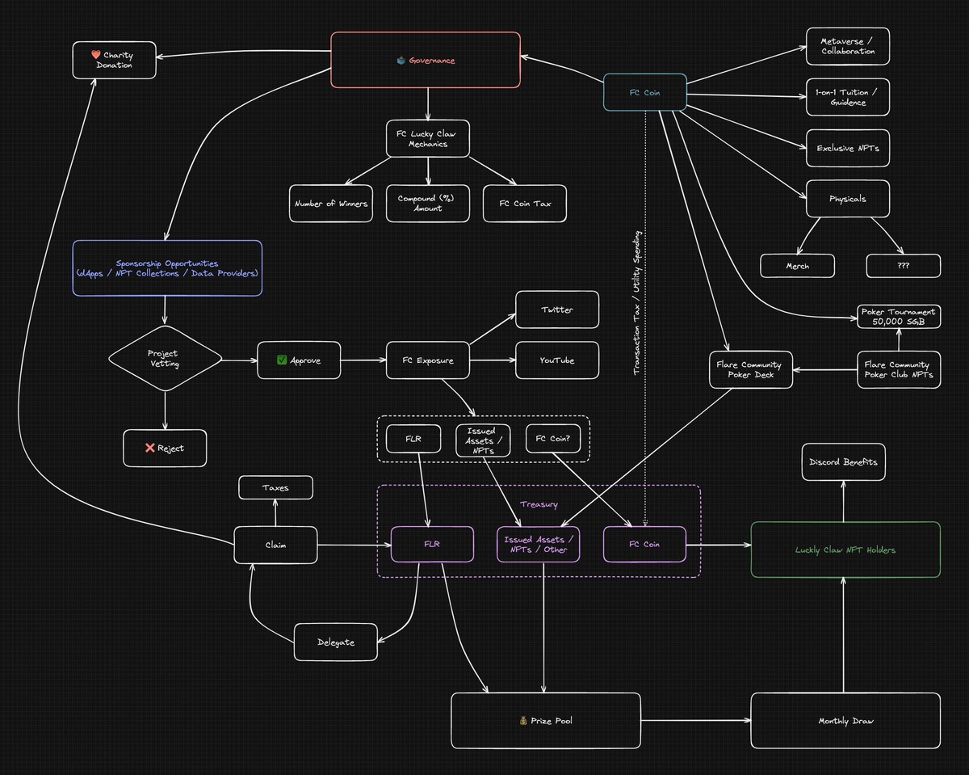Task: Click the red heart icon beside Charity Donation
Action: tap(95, 54)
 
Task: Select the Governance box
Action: tap(426, 60)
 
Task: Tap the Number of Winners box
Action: tap(331, 204)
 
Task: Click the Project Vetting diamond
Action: tap(166, 359)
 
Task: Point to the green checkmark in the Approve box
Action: tap(282, 360)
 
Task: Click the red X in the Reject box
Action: tap(150, 448)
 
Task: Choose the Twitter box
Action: tap(557, 310)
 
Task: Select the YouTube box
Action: tap(557, 360)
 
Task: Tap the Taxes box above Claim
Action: tap(275, 487)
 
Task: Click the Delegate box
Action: tap(335, 642)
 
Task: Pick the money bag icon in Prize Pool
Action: tap(523, 721)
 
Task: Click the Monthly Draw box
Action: tap(845, 721)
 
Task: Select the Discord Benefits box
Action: tap(843, 461)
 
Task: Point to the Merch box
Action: tap(798, 266)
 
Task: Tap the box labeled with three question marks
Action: tap(904, 266)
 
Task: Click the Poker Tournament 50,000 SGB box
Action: tap(899, 317)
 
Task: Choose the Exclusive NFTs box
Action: tap(848, 148)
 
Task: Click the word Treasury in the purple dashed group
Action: tap(539, 504)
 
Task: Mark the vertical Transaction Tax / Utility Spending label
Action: tap(636, 303)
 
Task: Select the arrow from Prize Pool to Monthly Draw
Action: tap(696, 721)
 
